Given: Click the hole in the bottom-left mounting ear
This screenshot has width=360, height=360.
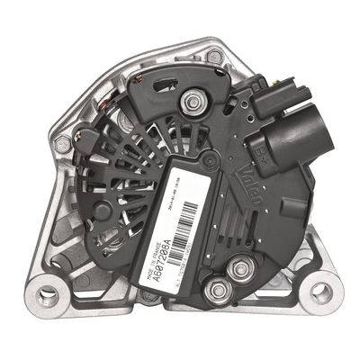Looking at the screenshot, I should coord(48,294).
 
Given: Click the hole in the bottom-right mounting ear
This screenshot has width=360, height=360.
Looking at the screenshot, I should coord(320,292).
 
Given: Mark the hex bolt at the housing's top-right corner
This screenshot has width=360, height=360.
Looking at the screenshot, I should coord(213,56).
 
